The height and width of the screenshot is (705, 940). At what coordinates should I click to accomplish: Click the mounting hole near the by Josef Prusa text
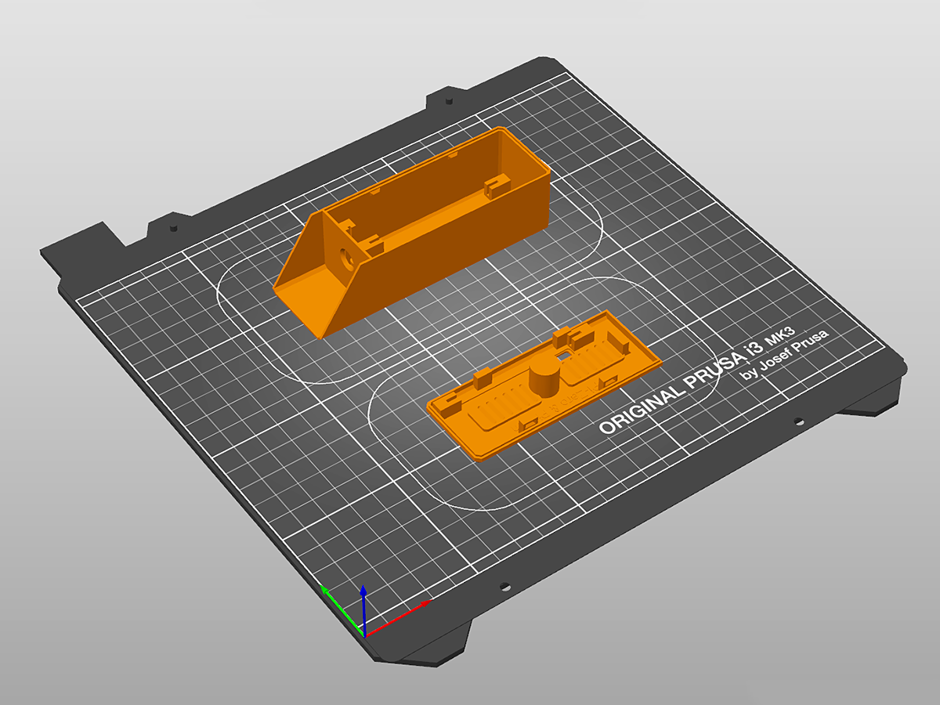pos(798,421)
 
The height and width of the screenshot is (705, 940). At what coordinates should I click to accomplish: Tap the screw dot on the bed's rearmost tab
pos(449,101)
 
